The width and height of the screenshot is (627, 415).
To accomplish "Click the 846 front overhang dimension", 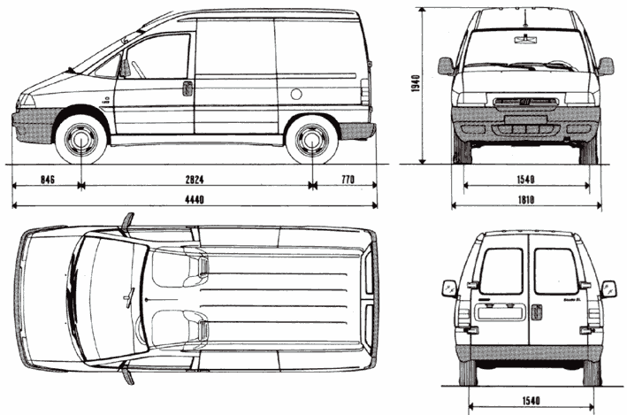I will (x=47, y=180).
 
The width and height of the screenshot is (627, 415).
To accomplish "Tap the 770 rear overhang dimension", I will (x=346, y=180).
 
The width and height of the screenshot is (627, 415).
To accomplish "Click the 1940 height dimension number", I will (x=426, y=86).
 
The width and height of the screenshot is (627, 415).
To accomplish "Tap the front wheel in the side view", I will (x=81, y=140).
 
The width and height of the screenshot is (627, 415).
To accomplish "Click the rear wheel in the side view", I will (x=311, y=140).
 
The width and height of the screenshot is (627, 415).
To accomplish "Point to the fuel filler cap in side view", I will (x=296, y=93).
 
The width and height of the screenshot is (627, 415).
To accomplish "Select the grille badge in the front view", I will (x=524, y=104).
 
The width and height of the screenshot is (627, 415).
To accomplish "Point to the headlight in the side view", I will (x=26, y=100).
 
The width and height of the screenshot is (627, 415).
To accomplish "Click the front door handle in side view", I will (x=187, y=87).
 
